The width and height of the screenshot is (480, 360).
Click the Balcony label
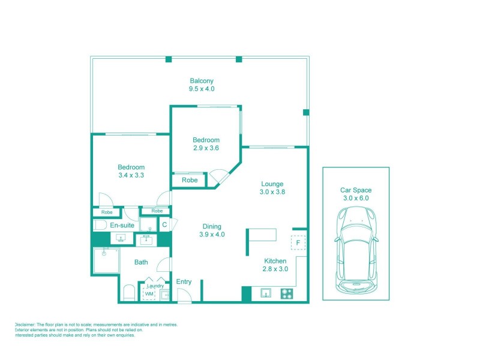(x=202, y=80)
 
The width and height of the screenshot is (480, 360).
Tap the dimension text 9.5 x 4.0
(x=202, y=89)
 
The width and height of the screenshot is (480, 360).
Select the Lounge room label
(x=272, y=184)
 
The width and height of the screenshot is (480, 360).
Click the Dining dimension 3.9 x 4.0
(x=212, y=235)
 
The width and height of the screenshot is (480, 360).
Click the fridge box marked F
(x=298, y=243)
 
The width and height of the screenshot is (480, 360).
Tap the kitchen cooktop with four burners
(x=287, y=293)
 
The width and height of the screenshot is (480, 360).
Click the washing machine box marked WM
(x=149, y=293)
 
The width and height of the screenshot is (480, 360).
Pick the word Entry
(x=184, y=282)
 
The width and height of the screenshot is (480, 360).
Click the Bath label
(x=141, y=262)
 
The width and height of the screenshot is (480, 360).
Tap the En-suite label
(x=122, y=225)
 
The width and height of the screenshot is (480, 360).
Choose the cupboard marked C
(x=164, y=224)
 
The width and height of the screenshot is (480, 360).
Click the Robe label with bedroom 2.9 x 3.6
(x=190, y=179)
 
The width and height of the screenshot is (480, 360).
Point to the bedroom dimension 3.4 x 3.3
(x=131, y=175)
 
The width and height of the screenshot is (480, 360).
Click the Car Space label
(x=355, y=190)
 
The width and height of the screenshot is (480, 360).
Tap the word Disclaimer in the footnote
(x=28, y=325)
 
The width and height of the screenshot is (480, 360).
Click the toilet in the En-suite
(x=100, y=225)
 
